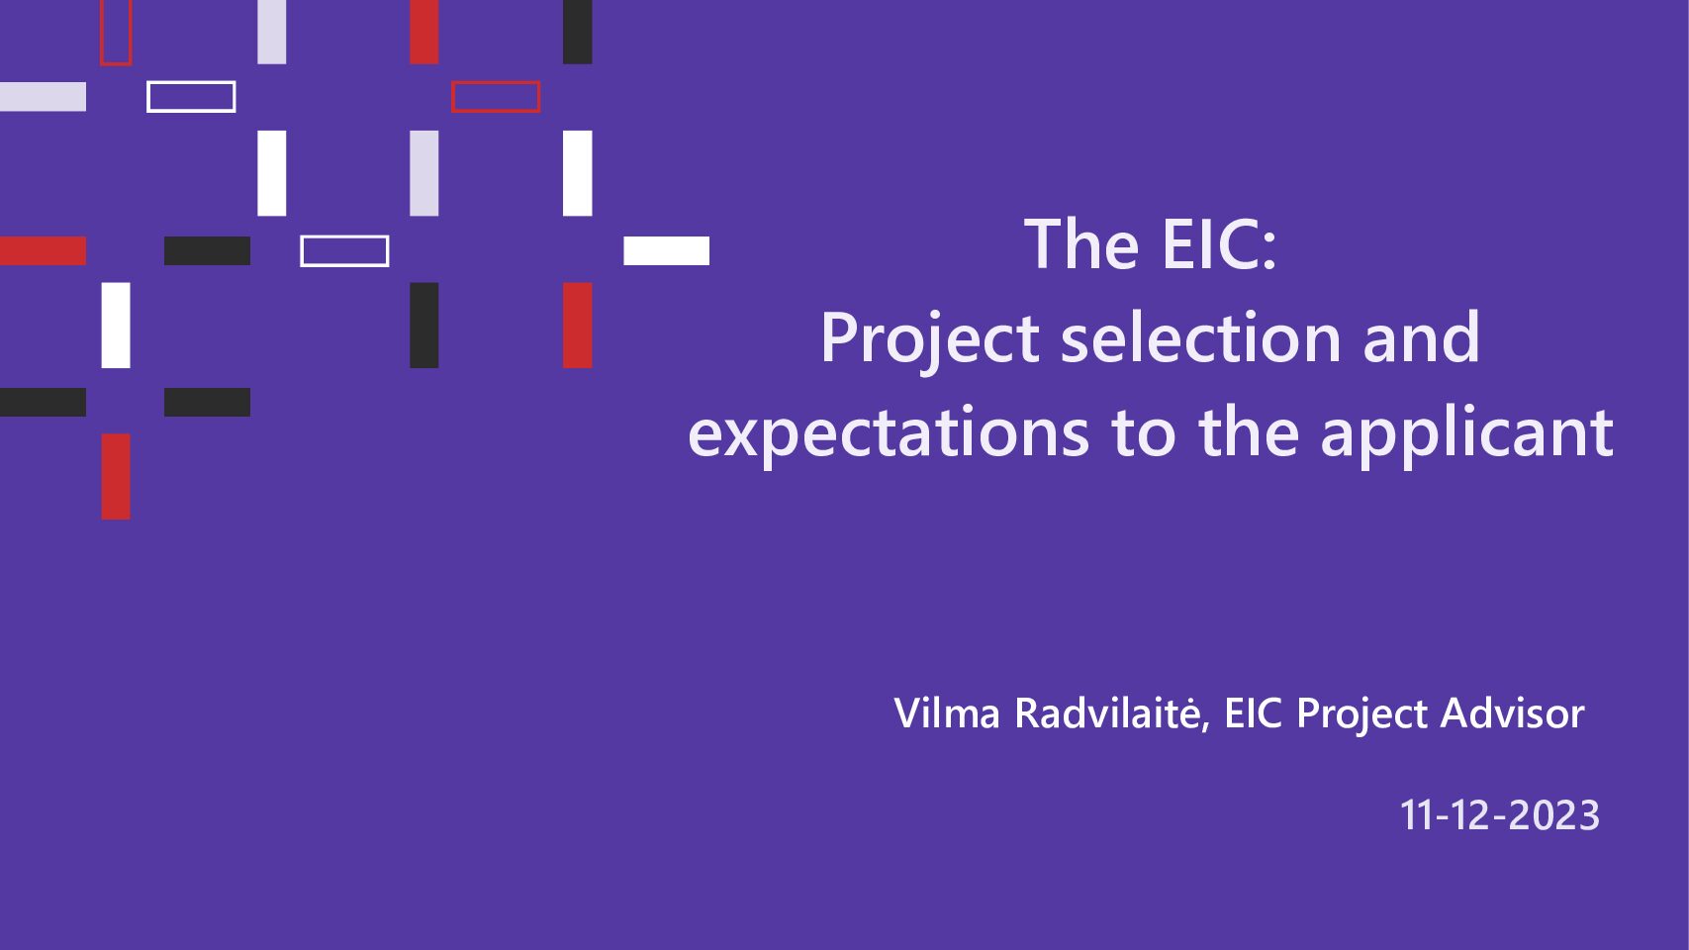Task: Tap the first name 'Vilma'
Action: (947, 712)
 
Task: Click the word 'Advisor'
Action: (1512, 712)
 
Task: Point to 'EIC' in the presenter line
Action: (1254, 712)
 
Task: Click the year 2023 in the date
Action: (1555, 815)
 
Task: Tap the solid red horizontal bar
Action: (43, 251)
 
